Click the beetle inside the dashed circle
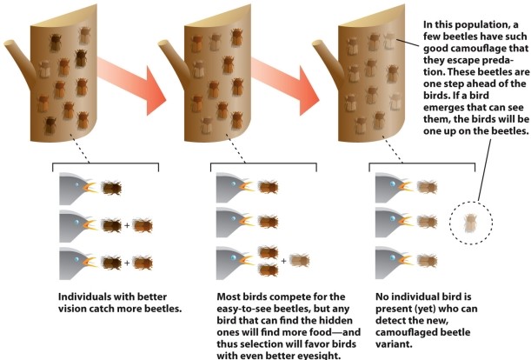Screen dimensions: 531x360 470,223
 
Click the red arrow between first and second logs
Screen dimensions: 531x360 132,85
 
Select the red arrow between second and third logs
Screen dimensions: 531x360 285,85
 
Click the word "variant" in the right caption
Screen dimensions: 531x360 393,344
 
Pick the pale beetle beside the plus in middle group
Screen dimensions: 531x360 300,260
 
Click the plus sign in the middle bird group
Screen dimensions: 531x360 283,261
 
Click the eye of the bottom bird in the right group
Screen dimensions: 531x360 393,258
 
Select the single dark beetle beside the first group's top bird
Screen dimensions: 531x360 111,188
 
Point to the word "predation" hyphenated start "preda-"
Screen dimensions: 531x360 499,60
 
